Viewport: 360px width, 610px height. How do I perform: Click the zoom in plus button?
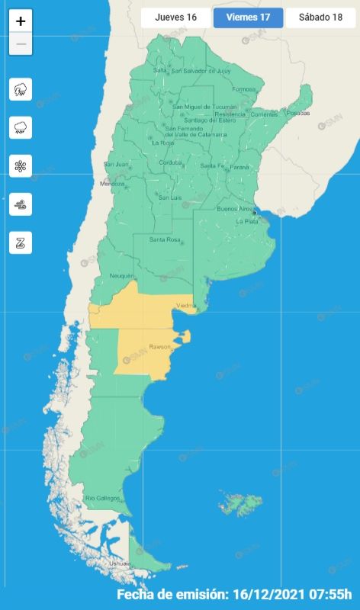21,21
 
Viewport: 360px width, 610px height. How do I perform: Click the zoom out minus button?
21,43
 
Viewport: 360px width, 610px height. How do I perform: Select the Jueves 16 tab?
175,18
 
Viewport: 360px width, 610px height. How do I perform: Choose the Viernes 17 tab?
248,18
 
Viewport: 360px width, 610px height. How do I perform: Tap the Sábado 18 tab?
321,18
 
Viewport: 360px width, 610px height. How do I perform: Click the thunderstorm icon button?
21,90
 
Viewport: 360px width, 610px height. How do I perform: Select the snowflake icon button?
21,166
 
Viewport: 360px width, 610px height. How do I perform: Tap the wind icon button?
21,204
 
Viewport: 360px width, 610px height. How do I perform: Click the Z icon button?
21,242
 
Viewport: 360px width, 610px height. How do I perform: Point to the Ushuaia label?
120,563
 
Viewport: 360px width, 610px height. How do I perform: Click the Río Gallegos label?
102,498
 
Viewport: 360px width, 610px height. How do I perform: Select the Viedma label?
186,306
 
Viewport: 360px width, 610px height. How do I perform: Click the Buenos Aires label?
235,209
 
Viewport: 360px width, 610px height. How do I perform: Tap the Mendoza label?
112,184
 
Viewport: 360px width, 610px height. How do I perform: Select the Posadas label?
299,114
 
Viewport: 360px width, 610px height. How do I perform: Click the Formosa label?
244,89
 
